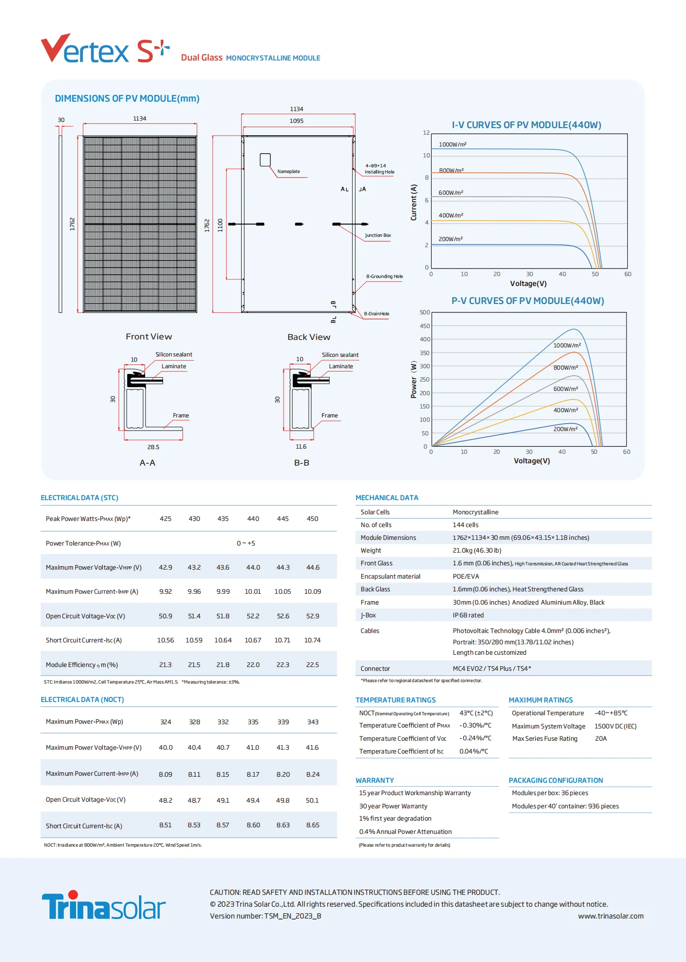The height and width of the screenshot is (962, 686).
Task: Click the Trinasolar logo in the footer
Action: (x=104, y=905)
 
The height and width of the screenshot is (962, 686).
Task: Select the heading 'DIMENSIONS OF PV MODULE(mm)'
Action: (x=127, y=98)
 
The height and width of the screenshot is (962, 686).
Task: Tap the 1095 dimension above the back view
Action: (x=296, y=121)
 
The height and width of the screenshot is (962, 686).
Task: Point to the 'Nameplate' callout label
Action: (x=288, y=172)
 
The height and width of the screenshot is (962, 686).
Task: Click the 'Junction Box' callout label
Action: (x=378, y=235)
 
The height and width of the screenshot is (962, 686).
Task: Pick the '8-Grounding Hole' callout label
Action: (x=384, y=277)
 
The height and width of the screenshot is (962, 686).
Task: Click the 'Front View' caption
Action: (x=149, y=337)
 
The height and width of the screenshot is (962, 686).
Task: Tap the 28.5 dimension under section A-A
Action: (x=153, y=447)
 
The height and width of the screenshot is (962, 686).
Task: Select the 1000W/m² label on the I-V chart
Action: (x=452, y=145)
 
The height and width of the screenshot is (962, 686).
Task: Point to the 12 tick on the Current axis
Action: (x=426, y=133)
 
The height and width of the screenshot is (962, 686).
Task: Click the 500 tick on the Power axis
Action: (x=425, y=312)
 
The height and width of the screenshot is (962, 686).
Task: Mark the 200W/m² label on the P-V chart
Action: (x=565, y=429)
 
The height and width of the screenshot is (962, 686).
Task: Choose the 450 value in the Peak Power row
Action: (x=313, y=519)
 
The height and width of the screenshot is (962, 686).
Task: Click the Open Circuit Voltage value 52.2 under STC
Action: (x=253, y=616)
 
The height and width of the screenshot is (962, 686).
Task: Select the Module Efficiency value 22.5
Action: (x=313, y=665)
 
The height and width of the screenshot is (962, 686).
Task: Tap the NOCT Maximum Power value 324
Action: (x=165, y=722)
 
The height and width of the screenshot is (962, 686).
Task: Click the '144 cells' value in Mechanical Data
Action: (x=466, y=525)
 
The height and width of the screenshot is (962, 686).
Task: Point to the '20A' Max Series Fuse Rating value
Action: (x=601, y=738)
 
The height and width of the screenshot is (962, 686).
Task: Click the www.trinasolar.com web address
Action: (x=610, y=916)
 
